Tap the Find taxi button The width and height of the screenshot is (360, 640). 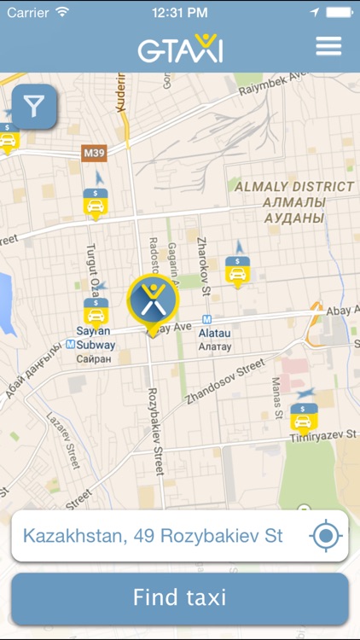tap(180, 597)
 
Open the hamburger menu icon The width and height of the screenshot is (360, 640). tap(328, 46)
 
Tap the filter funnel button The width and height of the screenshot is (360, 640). tap(34, 107)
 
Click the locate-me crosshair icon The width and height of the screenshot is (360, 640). tap(326, 536)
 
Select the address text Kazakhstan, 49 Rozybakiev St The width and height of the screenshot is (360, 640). tap(153, 536)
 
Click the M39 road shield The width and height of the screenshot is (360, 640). tap(94, 153)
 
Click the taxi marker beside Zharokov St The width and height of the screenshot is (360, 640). tap(238, 271)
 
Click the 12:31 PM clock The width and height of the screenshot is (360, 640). tap(180, 13)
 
